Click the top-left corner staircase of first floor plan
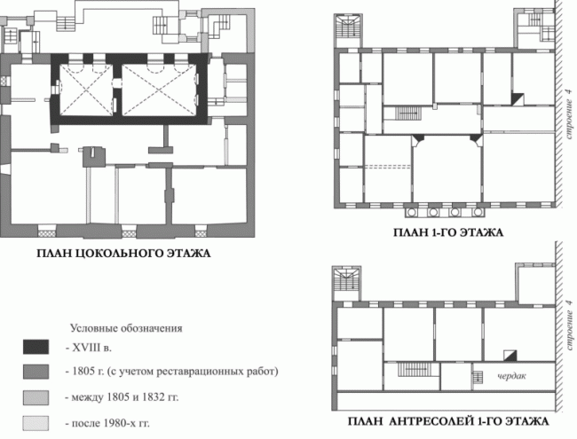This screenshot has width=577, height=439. coord(345,30)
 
